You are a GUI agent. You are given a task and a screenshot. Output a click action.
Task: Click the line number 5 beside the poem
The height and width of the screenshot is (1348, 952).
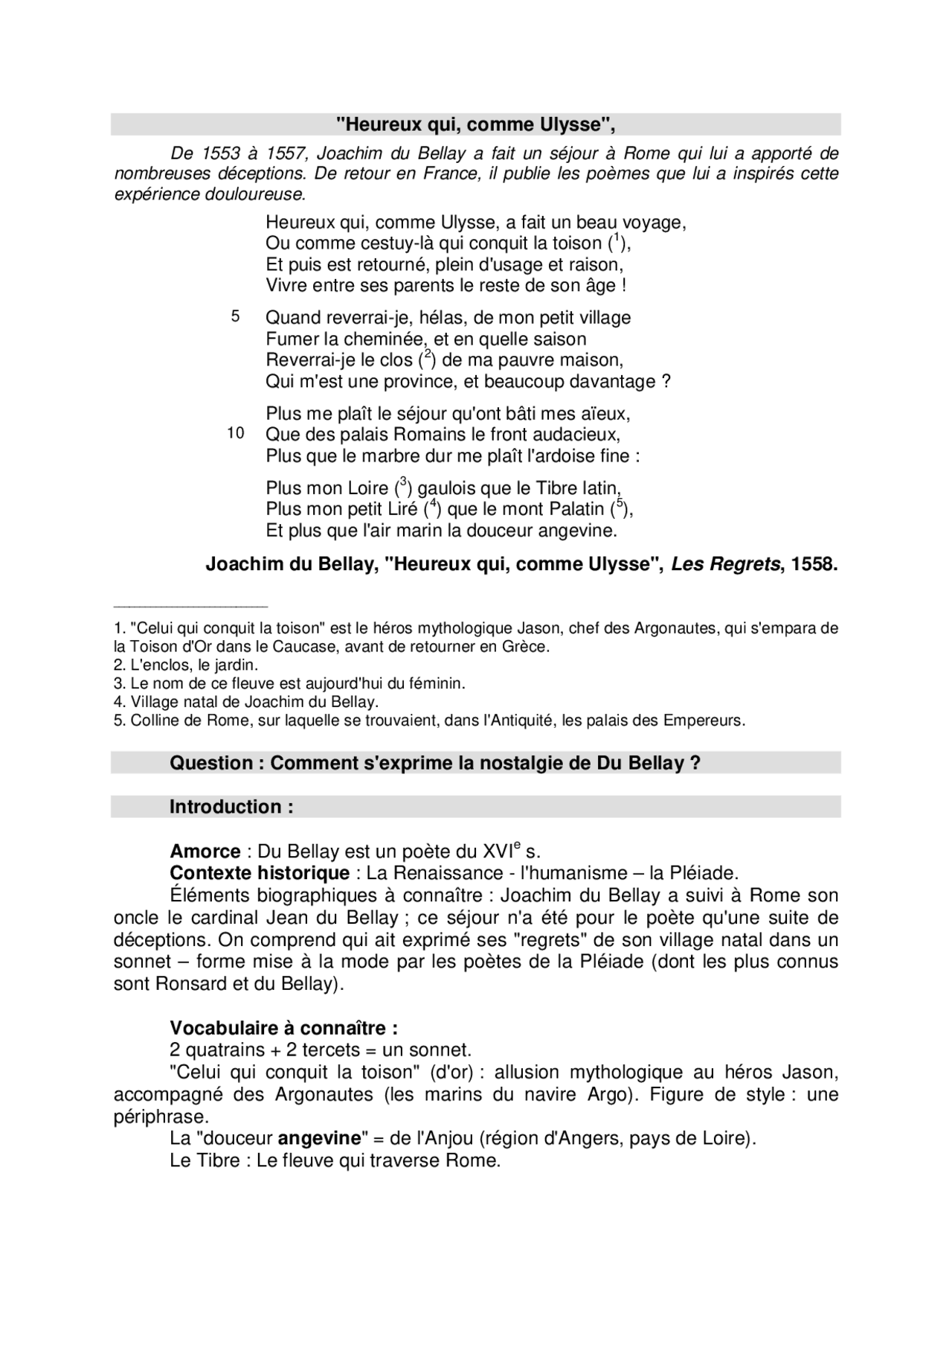tap(235, 316)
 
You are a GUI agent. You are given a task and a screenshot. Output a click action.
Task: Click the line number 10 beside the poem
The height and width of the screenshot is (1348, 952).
tap(236, 433)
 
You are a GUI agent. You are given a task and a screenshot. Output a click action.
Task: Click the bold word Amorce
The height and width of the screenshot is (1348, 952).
tap(205, 852)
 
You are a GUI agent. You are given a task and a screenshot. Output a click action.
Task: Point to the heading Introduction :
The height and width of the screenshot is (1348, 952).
tap(231, 807)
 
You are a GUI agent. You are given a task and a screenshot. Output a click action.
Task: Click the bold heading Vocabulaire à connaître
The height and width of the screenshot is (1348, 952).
tap(283, 1029)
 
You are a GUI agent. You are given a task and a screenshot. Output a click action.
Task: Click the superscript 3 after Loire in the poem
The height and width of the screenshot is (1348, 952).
tap(402, 482)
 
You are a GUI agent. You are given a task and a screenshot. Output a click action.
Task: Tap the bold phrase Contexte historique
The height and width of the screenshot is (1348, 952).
tap(260, 873)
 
